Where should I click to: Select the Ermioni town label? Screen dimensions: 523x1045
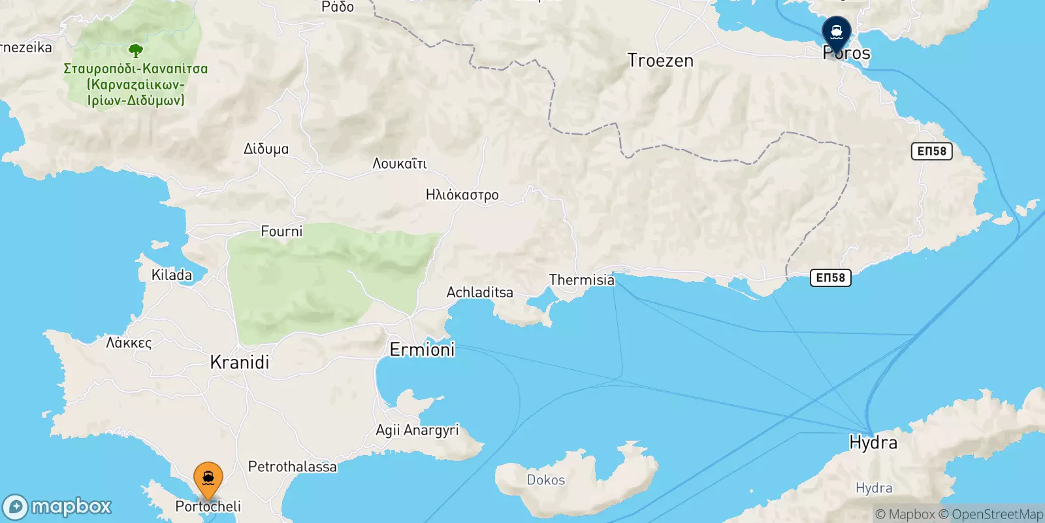pyautogui.click(x=422, y=350)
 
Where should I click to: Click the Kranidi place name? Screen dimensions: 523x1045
pyautogui.click(x=240, y=362)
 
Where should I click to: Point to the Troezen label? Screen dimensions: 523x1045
pyautogui.click(x=660, y=61)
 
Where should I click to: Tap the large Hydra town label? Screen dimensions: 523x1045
pyautogui.click(x=873, y=443)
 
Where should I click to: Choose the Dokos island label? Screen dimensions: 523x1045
pyautogui.click(x=545, y=480)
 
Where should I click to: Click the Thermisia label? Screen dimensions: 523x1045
pyautogui.click(x=581, y=280)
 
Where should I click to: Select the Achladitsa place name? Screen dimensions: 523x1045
pyautogui.click(x=479, y=292)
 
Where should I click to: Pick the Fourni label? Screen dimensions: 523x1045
pyautogui.click(x=281, y=231)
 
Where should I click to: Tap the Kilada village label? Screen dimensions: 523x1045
pyautogui.click(x=172, y=275)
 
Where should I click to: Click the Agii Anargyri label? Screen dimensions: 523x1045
pyautogui.click(x=417, y=430)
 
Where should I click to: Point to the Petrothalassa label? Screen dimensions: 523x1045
pyautogui.click(x=293, y=467)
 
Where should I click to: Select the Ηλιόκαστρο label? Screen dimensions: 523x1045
pyautogui.click(x=462, y=195)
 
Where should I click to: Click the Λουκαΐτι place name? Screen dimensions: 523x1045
pyautogui.click(x=399, y=163)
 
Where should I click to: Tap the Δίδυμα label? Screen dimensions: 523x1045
pyautogui.click(x=266, y=149)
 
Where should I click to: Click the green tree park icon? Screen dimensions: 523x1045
pyautogui.click(x=136, y=50)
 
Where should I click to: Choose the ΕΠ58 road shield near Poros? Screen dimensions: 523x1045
pyautogui.click(x=931, y=151)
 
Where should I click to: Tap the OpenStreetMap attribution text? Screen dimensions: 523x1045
pyautogui.click(x=997, y=515)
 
